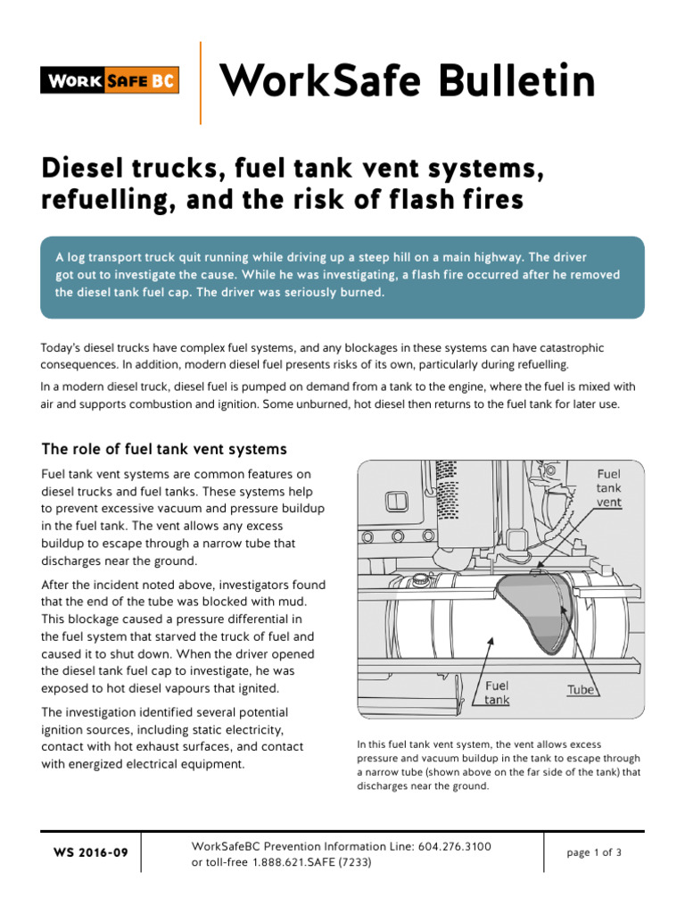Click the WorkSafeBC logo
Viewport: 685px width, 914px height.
point(110,81)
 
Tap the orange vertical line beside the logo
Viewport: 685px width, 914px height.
point(201,82)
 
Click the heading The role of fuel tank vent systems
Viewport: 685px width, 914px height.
point(164,448)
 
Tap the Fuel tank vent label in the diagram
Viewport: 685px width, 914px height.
point(609,487)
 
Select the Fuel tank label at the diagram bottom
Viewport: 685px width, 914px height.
point(497,693)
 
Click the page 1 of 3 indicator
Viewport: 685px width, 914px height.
point(594,852)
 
